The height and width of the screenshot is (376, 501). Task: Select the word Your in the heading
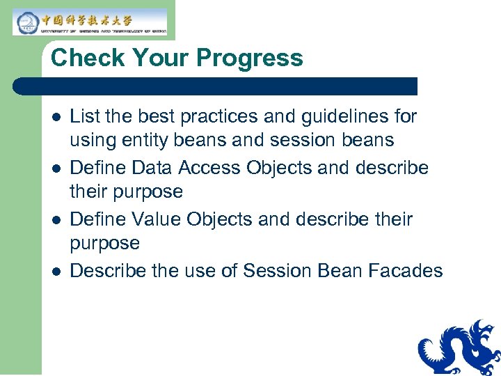157,58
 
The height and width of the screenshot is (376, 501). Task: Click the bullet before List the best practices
56,116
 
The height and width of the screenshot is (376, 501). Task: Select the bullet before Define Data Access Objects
56,168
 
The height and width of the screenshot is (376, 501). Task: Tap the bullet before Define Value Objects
56,219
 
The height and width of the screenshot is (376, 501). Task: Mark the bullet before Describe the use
56,271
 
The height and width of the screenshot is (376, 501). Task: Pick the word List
83,116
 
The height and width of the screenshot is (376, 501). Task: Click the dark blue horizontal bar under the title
216,86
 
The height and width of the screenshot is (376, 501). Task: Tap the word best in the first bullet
147,116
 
